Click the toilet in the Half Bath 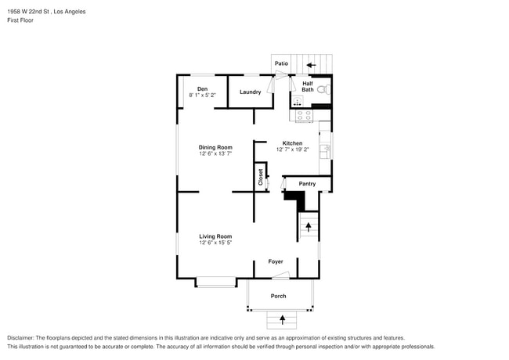click(323, 89)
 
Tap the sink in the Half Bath click(298, 101)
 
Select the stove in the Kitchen click(304, 116)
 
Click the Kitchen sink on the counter click(325, 152)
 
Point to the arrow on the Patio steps click(312, 65)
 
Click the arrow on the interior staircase click(308, 227)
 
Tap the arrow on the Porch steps click(283, 320)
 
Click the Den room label click(202, 89)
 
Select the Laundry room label click(251, 92)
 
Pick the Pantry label click(307, 184)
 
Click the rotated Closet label click(260, 177)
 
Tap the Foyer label click(276, 261)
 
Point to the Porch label click(279, 296)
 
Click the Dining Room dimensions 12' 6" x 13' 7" click(215, 153)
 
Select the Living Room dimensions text click(215, 243)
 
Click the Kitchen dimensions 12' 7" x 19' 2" click(293, 149)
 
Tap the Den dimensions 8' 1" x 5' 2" click(203, 95)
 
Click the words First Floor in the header click(20, 20)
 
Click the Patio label click(281, 63)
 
